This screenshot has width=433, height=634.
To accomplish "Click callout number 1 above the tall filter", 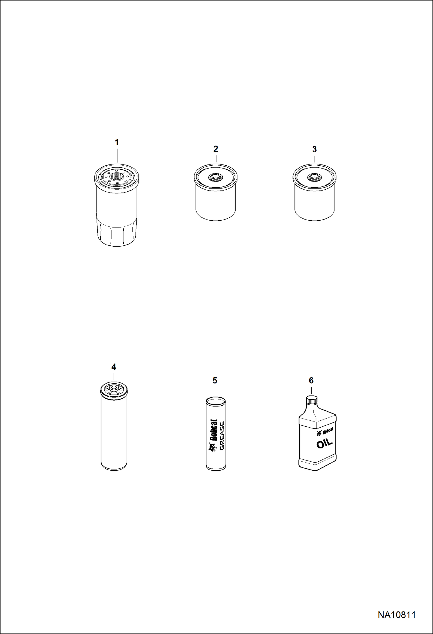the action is pos(117,142).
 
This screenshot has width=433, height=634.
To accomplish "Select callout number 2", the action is pos(216,149).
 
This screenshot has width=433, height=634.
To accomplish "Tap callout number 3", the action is pos(314,149).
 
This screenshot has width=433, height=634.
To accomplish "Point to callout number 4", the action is pos(114,367).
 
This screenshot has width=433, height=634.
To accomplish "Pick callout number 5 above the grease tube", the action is pos(215,380).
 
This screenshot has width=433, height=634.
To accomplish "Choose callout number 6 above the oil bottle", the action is pos(311,380).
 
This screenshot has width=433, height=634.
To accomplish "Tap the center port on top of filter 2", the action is pos(216,177).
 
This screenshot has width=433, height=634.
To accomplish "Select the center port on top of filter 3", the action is pos(314,177).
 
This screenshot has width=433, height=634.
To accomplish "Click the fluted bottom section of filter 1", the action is pos(116,233).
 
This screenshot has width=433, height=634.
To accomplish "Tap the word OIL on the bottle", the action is pos(325,443).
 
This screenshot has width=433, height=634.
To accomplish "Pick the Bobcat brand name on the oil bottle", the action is pos(328,431).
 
